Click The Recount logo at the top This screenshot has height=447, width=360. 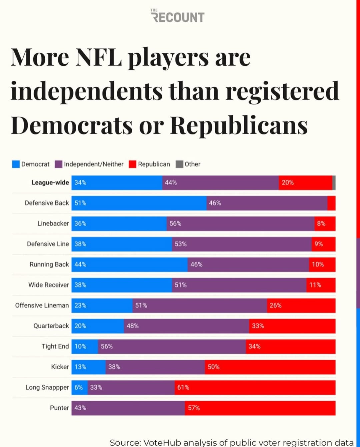pos(178,16)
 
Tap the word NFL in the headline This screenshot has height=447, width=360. pos(99,57)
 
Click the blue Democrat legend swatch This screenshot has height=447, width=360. pos(16,164)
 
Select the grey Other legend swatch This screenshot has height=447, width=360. pos(179,164)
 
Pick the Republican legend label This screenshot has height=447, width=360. pos(154,164)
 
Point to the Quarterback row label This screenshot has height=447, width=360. pos(51,326)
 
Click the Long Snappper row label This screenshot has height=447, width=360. pos(47,387)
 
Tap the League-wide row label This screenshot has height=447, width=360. pos(50,182)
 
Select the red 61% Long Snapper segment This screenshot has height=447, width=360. pos(255,387)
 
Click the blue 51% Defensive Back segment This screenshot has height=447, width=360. pos(139,203)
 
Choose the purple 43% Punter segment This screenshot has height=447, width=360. pos(128,408)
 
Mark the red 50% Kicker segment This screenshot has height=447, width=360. pos(270,367)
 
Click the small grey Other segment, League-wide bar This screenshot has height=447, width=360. pos(334,183)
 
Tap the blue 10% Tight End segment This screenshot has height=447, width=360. pos(85,347)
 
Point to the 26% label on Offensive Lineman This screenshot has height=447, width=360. pos(275,306)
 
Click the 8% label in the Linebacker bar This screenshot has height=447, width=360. pos(321,223)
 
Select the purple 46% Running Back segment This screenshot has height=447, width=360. pos(248,265)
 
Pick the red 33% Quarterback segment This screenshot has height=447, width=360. pos(292,326)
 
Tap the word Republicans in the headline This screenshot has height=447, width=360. pos(239,125)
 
